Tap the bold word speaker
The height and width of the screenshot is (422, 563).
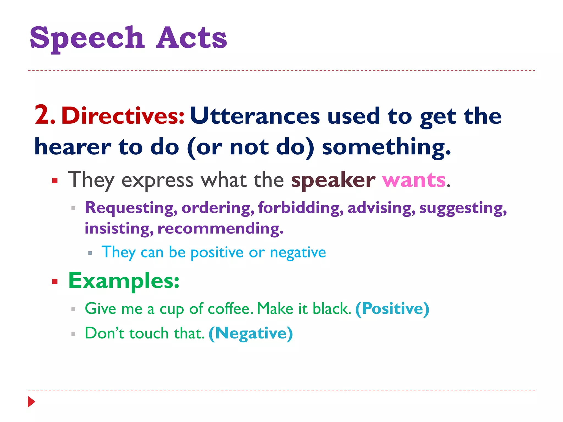coord(333,181)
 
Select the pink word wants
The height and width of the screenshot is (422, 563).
coord(414,180)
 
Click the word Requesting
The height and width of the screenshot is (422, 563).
coord(131,208)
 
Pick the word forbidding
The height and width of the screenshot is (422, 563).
coord(301,207)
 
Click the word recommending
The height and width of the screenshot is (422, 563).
coord(220,229)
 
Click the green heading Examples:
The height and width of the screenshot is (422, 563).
coord(124,281)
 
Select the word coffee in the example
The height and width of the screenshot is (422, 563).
coord(230,309)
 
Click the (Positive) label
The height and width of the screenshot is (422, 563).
coord(392,309)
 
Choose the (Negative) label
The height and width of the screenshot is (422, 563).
coord(251,333)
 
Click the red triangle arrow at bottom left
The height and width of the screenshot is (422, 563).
coord(31,402)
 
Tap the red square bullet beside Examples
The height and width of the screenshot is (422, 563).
coord(55,281)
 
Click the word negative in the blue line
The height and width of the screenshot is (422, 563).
coord(298,252)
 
